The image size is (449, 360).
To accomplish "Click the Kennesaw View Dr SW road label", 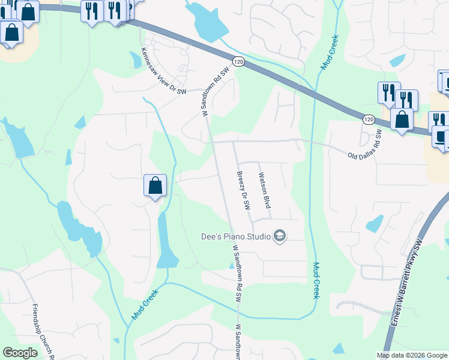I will click(164, 71).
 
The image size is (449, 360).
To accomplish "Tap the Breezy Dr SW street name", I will click(243, 190).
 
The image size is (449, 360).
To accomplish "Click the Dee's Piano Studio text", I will click(235, 236).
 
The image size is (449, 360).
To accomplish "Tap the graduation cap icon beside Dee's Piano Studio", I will click(279, 236).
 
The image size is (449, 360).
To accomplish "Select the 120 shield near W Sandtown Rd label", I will click(238, 62).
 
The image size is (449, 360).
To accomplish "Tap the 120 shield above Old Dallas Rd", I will click(369, 119).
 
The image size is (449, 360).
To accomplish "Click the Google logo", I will click(20, 353).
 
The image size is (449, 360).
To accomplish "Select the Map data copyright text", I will click(412, 355).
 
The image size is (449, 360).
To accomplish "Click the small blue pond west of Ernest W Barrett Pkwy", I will click(375, 224).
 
